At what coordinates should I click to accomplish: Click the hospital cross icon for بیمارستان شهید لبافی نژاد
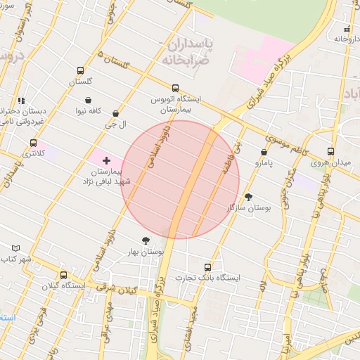point(106,161)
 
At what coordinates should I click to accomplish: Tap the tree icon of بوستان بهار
point(146,240)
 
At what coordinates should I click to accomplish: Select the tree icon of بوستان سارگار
point(248,198)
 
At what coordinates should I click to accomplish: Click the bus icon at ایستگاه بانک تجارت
point(207,267)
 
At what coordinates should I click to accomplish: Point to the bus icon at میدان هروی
point(330,152)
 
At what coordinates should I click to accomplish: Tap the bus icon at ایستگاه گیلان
point(64,276)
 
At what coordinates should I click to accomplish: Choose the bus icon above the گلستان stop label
point(80,71)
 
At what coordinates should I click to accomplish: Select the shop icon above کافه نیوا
point(88,101)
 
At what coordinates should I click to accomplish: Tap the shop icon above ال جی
point(115,114)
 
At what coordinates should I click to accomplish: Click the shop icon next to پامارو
point(264,152)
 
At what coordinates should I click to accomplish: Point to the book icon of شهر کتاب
point(16,248)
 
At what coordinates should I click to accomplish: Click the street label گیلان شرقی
point(120,288)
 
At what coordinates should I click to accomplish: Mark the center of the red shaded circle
point(181,179)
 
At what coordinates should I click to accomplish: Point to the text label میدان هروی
point(331,164)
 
